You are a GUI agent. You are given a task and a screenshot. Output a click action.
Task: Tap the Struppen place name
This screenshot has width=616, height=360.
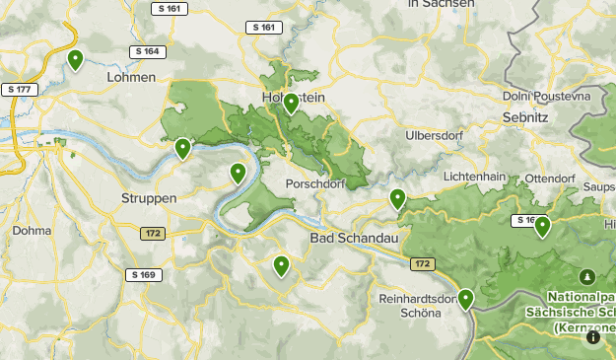click(149, 198)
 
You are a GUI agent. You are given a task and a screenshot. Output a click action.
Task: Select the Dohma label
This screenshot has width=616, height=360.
click(33, 231)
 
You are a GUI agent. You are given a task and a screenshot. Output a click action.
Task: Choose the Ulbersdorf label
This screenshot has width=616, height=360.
click(435, 134)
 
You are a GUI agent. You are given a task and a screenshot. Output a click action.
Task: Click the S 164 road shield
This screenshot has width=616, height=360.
click(145, 51)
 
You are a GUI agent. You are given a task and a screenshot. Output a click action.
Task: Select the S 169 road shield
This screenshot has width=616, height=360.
click(142, 274)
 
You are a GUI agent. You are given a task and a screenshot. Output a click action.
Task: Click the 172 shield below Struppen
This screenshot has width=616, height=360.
click(152, 234)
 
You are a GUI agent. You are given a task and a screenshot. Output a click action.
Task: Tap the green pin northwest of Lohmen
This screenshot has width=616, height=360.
click(75, 60)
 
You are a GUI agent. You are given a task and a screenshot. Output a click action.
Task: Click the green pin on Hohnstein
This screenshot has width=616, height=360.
click(291, 104)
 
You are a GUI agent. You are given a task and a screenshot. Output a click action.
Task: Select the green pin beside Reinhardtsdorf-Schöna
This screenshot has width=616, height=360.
click(465, 298)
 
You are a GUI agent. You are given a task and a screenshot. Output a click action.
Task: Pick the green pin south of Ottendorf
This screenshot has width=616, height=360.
click(542, 227)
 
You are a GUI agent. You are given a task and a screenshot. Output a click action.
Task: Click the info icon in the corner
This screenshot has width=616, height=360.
click(593, 337)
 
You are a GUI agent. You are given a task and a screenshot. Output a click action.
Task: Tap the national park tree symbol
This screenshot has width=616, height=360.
click(587, 276)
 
